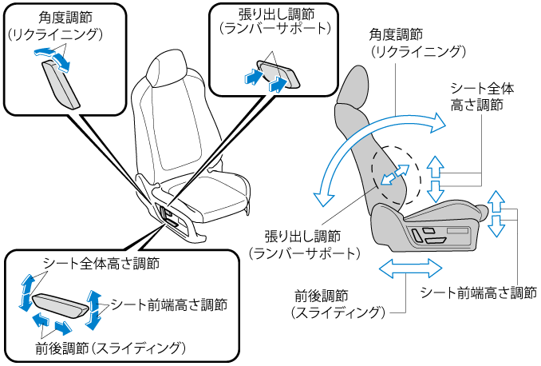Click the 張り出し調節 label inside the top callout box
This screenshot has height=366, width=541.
[261, 14]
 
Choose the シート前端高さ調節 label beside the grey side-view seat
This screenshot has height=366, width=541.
[478, 292]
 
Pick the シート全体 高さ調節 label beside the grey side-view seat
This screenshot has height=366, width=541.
[476, 96]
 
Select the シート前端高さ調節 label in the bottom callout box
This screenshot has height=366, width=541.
[169, 304]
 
